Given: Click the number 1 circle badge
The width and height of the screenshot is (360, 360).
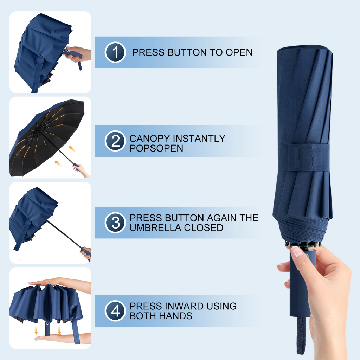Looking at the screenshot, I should pos(115,52).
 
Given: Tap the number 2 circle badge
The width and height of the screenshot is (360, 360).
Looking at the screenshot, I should pos(115,141).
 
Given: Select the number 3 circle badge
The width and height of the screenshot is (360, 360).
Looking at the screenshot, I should pos(115,223).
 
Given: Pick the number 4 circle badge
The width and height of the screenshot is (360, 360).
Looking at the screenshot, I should pos(115,311).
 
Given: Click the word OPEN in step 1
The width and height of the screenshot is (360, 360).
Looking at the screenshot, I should pos(239,52).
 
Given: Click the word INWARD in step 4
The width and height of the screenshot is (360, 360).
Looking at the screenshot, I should pos(180,306).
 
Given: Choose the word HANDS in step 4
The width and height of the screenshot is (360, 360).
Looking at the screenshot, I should pos(176,316).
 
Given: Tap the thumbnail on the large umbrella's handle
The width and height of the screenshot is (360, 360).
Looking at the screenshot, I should pos(297,252).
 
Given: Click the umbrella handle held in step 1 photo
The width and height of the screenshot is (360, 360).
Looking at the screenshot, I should pos(75,55).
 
